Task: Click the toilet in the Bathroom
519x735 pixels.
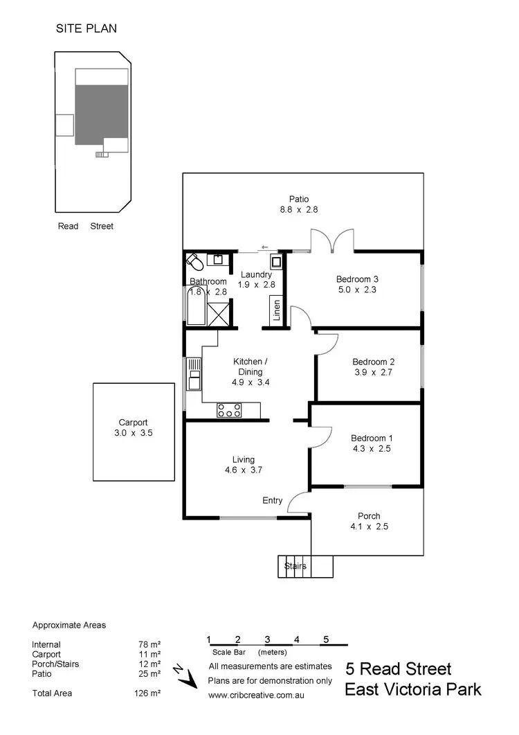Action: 194,263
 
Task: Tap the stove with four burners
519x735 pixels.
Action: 228,410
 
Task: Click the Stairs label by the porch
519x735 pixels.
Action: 295,566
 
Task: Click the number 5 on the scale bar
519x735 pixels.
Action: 325,639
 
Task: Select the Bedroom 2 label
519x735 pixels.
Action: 373,362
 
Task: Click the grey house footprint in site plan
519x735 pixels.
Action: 102,114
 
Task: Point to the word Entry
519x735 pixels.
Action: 272,500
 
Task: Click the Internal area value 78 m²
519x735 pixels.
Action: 149,644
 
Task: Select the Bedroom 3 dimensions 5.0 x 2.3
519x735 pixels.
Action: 356,290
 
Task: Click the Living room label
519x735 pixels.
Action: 244,459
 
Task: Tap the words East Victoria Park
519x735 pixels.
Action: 413,690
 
